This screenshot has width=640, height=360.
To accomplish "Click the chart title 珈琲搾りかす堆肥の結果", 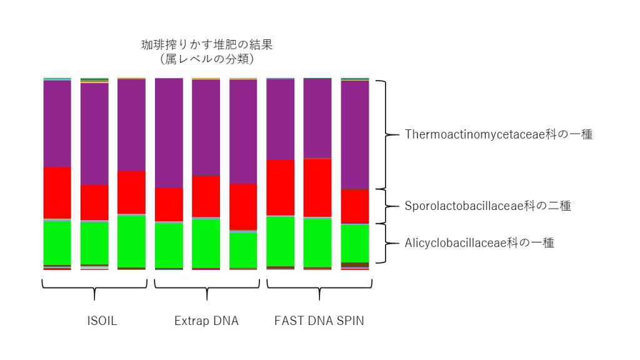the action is [x=207, y=44].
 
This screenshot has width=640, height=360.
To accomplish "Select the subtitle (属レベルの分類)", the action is [x=207, y=59].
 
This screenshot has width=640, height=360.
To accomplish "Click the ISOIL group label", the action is [x=102, y=321].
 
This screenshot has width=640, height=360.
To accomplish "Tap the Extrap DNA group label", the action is [x=206, y=321].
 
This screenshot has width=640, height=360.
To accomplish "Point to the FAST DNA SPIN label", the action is [x=319, y=321].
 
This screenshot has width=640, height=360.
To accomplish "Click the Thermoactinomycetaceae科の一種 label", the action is [x=498, y=134].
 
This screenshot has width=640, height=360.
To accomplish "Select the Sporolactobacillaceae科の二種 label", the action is [x=487, y=206].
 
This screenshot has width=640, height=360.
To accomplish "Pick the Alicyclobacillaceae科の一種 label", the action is [x=479, y=243].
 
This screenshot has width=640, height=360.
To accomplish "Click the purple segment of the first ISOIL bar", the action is [x=57, y=124].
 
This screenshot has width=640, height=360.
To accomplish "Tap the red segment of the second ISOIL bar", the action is [x=94, y=202].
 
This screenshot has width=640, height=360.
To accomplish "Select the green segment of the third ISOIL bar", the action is [x=131, y=241].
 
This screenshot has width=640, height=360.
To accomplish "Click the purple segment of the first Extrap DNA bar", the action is [x=169, y=133].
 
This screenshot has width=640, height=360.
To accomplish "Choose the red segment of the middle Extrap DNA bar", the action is [x=206, y=197].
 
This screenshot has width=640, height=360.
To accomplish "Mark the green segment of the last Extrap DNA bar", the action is [x=243, y=250].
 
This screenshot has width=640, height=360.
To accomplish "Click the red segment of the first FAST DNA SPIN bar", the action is [x=281, y=187].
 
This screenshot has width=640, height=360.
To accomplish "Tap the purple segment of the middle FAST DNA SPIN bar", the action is [x=317, y=118].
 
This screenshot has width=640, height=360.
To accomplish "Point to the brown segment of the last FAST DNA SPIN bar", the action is [x=355, y=265].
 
